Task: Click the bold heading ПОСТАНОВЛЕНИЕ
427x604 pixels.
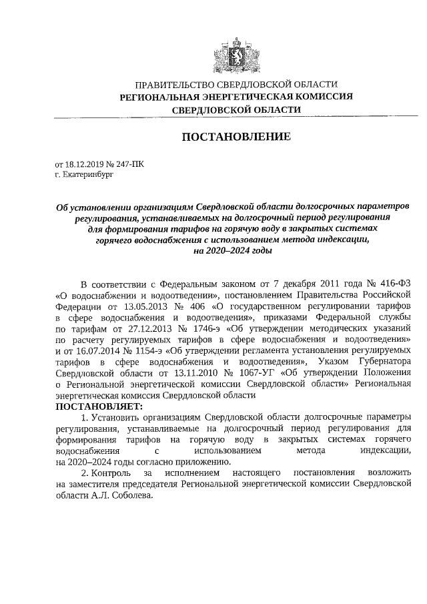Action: pyautogui.click(x=236, y=137)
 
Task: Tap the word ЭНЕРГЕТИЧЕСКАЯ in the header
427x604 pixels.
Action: pyautogui.click(x=242, y=97)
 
